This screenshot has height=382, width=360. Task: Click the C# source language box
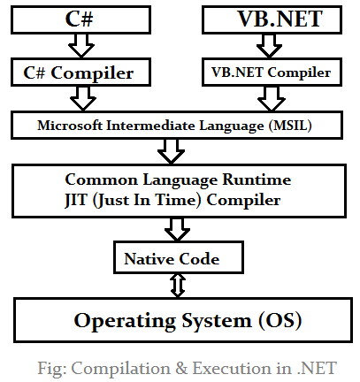(x=80, y=19)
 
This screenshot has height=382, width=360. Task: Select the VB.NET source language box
(x=272, y=19)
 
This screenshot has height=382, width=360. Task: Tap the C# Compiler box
(x=80, y=73)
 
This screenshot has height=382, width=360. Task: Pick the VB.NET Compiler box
(x=272, y=73)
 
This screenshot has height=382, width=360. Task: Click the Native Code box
(x=179, y=257)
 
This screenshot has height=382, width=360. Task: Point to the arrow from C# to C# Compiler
(x=81, y=46)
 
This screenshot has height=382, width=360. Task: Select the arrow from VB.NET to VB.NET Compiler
(x=269, y=46)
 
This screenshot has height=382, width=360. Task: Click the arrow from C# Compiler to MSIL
(x=83, y=98)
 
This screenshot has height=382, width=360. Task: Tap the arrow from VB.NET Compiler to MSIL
(x=272, y=98)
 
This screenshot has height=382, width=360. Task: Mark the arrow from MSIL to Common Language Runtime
(x=171, y=151)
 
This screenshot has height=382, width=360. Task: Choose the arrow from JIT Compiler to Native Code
(x=177, y=229)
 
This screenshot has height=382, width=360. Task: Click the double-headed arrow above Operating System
(x=178, y=286)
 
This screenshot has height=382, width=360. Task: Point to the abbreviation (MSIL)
(x=290, y=126)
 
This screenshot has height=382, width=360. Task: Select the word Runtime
(x=257, y=180)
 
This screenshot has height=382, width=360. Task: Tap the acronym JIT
(x=76, y=201)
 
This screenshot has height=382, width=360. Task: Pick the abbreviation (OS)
(x=280, y=321)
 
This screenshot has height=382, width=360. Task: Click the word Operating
(x=125, y=321)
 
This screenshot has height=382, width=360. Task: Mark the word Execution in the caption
(x=233, y=368)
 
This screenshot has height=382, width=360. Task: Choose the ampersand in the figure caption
(x=181, y=368)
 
